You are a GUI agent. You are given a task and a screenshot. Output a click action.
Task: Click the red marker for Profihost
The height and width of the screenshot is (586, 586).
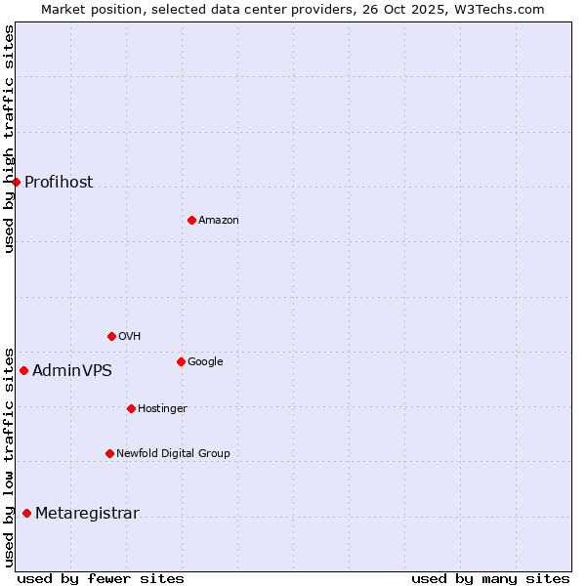click(x=16, y=182)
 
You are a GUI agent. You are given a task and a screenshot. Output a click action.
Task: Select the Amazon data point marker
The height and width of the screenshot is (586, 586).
click(x=191, y=220)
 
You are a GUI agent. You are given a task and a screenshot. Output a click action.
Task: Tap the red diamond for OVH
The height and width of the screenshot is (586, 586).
click(x=111, y=336)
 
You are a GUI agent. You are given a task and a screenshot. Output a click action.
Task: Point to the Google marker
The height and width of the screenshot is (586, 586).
click(x=181, y=361)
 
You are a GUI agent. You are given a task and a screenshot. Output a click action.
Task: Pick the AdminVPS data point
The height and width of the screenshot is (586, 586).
click(x=23, y=370)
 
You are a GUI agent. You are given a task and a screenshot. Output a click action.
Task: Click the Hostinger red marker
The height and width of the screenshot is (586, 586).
click(x=131, y=408)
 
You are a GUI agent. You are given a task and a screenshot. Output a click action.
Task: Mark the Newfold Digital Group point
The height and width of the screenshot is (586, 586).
click(x=109, y=453)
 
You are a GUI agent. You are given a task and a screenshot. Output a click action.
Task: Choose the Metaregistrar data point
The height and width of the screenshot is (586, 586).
click(x=26, y=514)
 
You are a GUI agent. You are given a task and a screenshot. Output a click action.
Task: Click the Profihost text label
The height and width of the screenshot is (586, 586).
click(x=59, y=183)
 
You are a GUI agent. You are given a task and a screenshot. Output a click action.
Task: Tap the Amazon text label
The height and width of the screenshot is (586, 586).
click(x=219, y=221)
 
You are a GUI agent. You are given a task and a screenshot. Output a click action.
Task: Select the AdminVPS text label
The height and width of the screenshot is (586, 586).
click(x=72, y=371)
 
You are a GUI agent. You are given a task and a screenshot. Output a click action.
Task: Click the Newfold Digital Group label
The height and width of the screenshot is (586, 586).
click(x=173, y=453)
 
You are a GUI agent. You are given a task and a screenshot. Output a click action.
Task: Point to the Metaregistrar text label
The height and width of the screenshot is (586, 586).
click(x=87, y=514)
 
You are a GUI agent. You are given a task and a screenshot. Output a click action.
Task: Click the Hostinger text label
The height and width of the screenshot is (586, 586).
click(x=162, y=408)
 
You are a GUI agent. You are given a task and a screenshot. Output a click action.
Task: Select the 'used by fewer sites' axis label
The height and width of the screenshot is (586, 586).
click(x=101, y=579)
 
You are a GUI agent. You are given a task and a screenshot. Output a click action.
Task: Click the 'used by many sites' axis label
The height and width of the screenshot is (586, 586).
click(x=490, y=579)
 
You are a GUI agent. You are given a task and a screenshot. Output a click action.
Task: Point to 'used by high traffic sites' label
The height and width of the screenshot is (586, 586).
click(x=9, y=139)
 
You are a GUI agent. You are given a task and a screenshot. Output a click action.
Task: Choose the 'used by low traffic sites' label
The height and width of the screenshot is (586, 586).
click(x=9, y=456)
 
